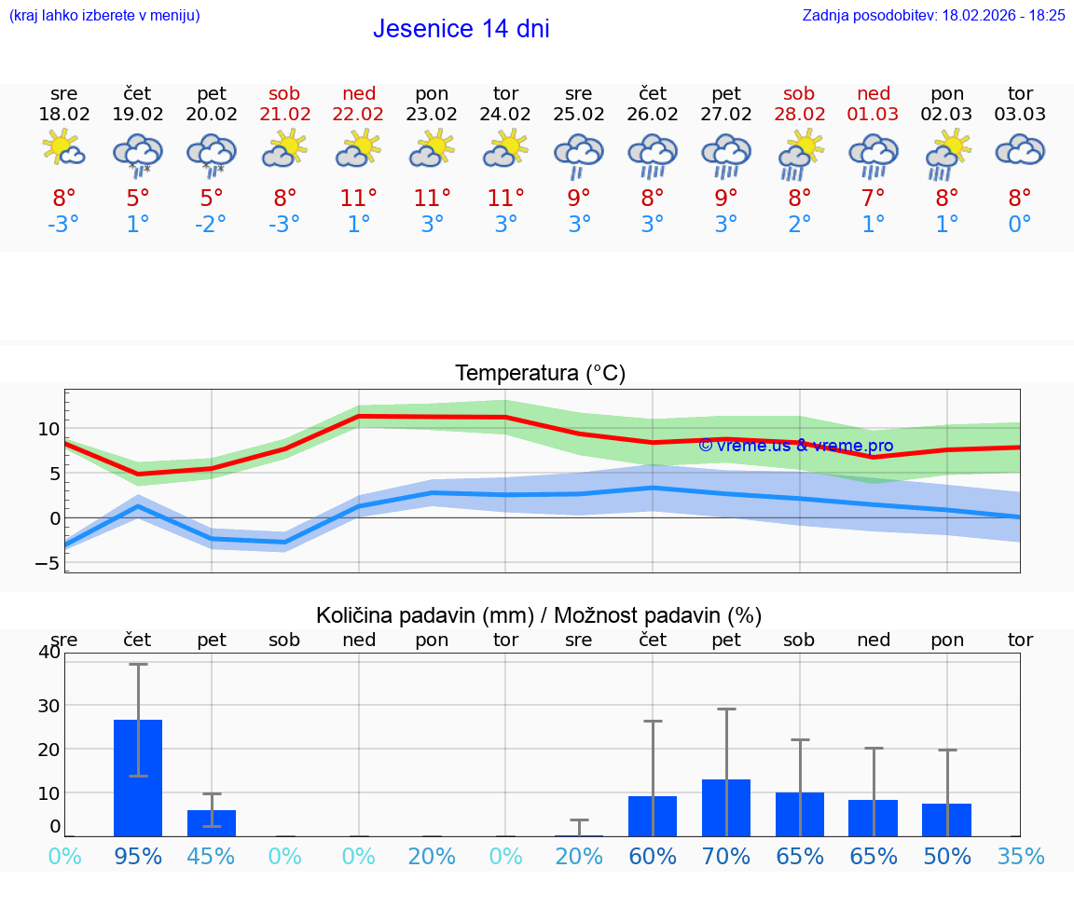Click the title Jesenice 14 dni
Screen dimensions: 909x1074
(x=461, y=29)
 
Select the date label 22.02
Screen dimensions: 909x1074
(x=358, y=115)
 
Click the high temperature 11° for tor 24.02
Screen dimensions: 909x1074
(x=505, y=198)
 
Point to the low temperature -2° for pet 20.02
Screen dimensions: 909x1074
(x=211, y=225)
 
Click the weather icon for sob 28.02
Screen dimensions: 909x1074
(x=799, y=154)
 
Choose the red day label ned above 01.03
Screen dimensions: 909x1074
(x=874, y=93)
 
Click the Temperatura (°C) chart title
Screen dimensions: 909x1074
(x=540, y=373)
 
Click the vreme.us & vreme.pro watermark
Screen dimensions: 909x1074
(x=795, y=446)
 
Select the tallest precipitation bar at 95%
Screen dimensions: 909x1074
(x=138, y=778)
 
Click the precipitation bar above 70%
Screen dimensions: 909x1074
(x=726, y=807)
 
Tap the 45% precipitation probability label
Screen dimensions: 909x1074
(x=211, y=856)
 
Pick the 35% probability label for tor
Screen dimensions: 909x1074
(x=1020, y=856)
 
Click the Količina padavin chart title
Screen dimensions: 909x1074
(x=539, y=615)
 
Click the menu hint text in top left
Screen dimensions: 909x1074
(x=103, y=16)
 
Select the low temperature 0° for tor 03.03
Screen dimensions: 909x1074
(x=1020, y=225)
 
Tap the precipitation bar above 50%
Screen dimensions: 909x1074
(x=946, y=819)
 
